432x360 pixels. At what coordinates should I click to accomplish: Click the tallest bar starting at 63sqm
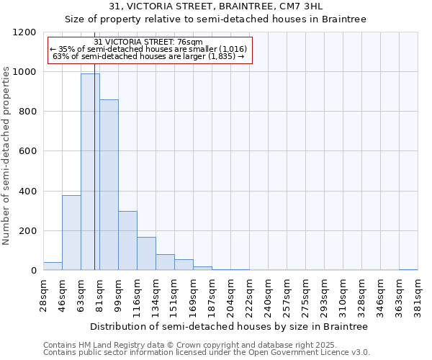90,172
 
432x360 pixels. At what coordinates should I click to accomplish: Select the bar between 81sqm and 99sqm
109,185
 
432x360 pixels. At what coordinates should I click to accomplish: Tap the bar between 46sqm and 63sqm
71,233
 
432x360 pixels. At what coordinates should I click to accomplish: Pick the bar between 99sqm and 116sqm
127,240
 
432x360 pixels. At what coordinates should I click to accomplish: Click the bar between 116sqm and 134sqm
146,253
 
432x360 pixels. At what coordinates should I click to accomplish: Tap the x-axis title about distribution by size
230,326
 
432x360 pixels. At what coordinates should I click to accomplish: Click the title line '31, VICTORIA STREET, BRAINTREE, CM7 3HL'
216,6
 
